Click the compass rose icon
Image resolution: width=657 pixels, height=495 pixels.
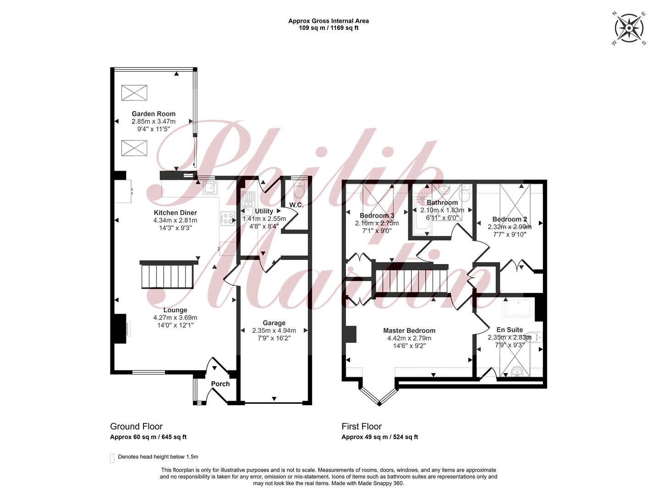(x=629, y=28)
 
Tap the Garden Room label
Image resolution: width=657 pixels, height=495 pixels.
(x=153, y=114)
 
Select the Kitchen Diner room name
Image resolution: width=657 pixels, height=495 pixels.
(x=175, y=213)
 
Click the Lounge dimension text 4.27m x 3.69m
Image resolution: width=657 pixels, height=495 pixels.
(x=175, y=318)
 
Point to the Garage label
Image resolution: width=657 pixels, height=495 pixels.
(x=274, y=323)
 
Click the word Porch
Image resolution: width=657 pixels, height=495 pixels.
(x=220, y=384)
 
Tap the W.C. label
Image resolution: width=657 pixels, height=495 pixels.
(x=296, y=205)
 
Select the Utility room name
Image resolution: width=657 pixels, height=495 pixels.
(x=264, y=211)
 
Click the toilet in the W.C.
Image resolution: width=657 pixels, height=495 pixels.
(x=299, y=188)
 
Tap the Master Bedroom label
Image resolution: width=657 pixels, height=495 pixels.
(x=409, y=330)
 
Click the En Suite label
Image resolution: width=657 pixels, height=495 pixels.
(x=509, y=330)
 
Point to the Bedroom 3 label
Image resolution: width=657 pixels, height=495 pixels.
(x=377, y=215)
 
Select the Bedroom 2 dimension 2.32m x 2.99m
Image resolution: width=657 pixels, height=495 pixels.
(x=509, y=227)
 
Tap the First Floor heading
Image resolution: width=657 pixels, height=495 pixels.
(x=361, y=426)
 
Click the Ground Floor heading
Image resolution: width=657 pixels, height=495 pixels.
(x=136, y=426)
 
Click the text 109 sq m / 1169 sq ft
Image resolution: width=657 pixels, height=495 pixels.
(x=328, y=28)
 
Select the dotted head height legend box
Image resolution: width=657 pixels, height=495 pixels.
(x=112, y=458)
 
